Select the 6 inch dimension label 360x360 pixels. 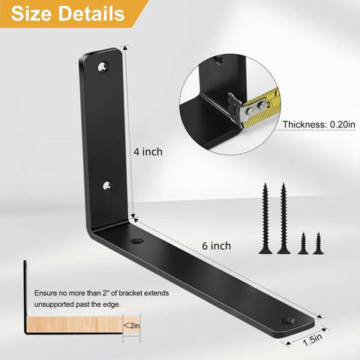point(217,246)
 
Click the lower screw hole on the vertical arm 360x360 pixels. point(108,185)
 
